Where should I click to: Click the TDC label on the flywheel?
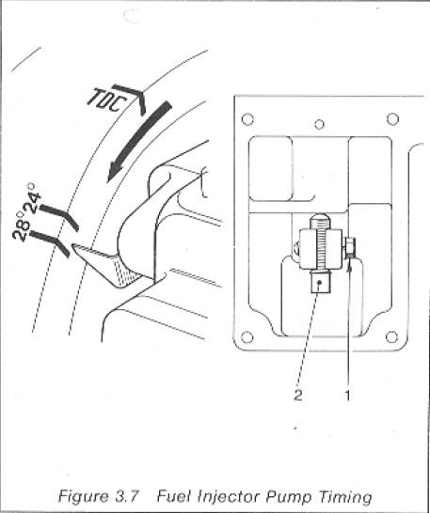point(105,100)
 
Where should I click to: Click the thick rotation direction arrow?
point(139,141)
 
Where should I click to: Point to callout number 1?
point(347,395)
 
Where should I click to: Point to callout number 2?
point(298,395)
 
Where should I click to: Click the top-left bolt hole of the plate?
point(247,119)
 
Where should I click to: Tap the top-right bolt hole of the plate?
point(392,118)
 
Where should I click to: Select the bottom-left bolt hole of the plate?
point(247,336)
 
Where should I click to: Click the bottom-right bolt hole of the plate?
point(391,336)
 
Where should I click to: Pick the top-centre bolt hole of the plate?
point(319,124)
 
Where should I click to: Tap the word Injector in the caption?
point(228,496)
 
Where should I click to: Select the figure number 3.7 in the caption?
point(127,496)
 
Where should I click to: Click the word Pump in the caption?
point(288,497)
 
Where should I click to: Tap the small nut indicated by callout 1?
point(350,247)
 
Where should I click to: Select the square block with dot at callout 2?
point(321,284)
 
